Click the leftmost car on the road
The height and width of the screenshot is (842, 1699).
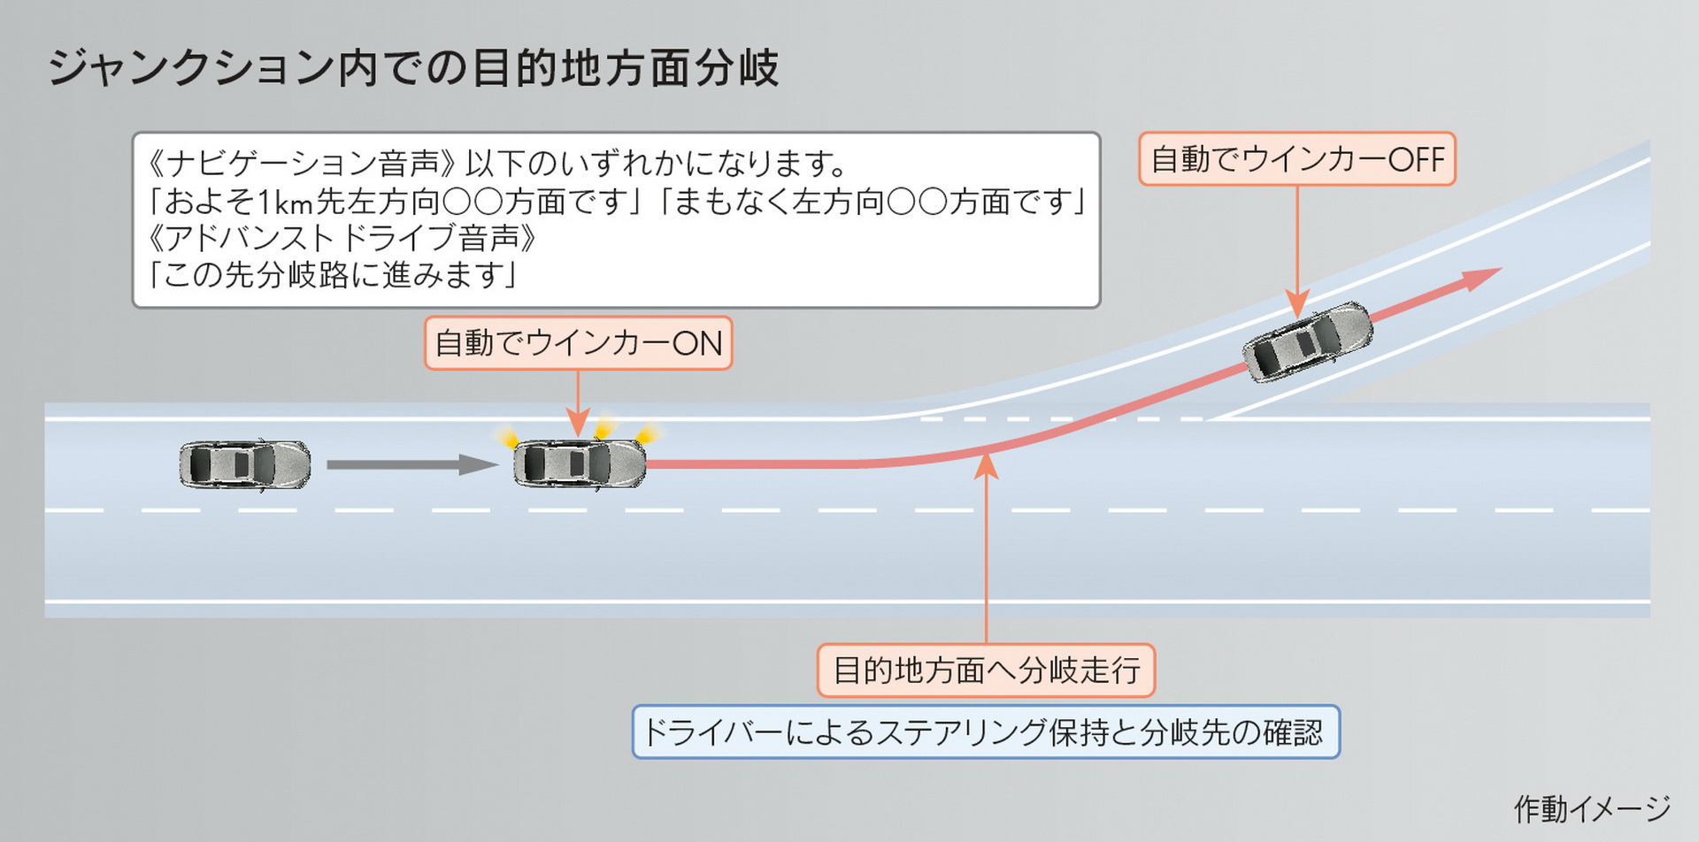coord(245,464)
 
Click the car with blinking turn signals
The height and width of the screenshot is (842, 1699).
coord(580,463)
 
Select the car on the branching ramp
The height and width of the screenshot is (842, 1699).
coord(1307,342)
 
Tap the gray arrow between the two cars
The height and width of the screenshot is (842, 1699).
coord(411,464)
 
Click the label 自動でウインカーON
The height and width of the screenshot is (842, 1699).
coord(579,343)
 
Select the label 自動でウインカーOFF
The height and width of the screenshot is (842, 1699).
coord(1296,159)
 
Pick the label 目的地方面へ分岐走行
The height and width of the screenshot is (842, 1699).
coord(986,670)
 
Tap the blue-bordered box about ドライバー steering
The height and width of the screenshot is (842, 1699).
coord(986,732)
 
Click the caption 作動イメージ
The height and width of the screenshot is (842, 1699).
coord(1591,808)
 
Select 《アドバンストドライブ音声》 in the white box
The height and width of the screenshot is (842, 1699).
coord(341,238)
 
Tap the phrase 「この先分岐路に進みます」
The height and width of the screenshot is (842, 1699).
coord(333,275)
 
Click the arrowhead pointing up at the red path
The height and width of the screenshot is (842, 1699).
coord(986,466)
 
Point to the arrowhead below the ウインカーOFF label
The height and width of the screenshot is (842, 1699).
coord(1297,305)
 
